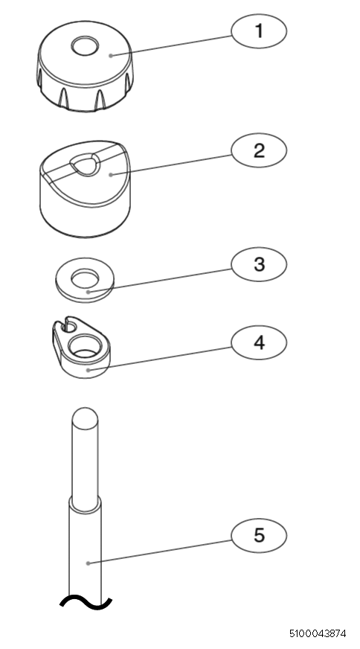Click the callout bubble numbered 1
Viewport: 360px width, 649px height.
tap(259, 31)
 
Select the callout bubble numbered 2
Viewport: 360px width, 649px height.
tap(259, 150)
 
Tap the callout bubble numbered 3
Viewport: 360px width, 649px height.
tap(259, 264)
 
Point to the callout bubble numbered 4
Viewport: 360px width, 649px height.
tap(259, 342)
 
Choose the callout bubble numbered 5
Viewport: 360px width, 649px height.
tap(259, 536)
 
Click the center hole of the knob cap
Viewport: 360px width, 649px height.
tap(85, 45)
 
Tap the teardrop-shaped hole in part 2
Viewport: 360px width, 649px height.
tap(86, 163)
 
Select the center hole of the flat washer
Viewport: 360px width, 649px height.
tap(85, 278)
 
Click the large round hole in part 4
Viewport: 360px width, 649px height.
tap(84, 347)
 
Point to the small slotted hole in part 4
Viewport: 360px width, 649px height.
tap(68, 326)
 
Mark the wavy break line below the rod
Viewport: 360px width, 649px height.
tap(86, 603)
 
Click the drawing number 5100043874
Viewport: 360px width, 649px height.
tap(318, 633)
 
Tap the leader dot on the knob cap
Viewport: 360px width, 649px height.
tap(111, 56)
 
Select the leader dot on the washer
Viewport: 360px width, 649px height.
tap(88, 292)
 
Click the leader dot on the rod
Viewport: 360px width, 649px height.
tap(88, 563)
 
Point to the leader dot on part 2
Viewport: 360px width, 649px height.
tap(111, 175)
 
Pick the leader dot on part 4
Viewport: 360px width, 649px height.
tap(87, 370)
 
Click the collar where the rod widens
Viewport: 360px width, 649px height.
tap(85, 504)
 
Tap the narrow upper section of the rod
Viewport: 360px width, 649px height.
tap(85, 459)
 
